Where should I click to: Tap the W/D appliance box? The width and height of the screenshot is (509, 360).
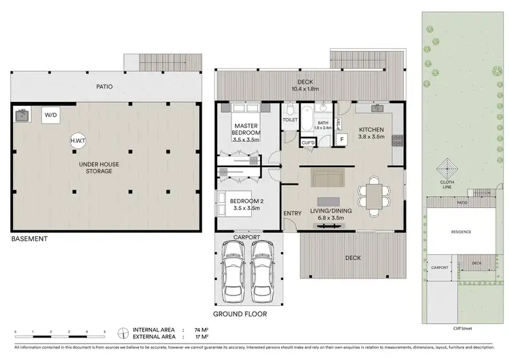click(51, 115)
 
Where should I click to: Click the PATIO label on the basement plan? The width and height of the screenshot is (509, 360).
click(104, 87)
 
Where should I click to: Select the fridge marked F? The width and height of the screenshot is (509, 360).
click(341, 140)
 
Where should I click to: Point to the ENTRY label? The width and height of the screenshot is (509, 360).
click(293, 214)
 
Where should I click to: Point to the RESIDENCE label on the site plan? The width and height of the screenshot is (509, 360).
click(461, 232)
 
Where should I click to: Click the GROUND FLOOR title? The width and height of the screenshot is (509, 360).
click(240, 314)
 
